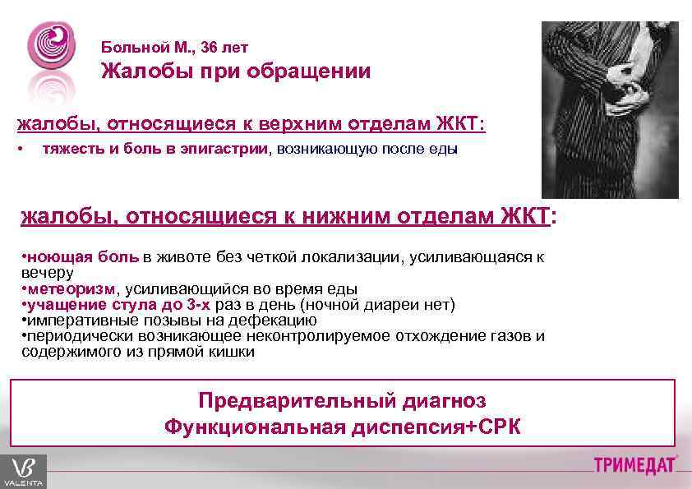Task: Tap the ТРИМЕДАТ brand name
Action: point(635,465)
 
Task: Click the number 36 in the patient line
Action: point(208,47)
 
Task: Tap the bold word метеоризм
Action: point(71,289)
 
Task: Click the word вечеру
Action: point(48,273)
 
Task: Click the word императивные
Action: point(75,321)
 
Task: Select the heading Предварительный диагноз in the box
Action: point(342,401)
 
